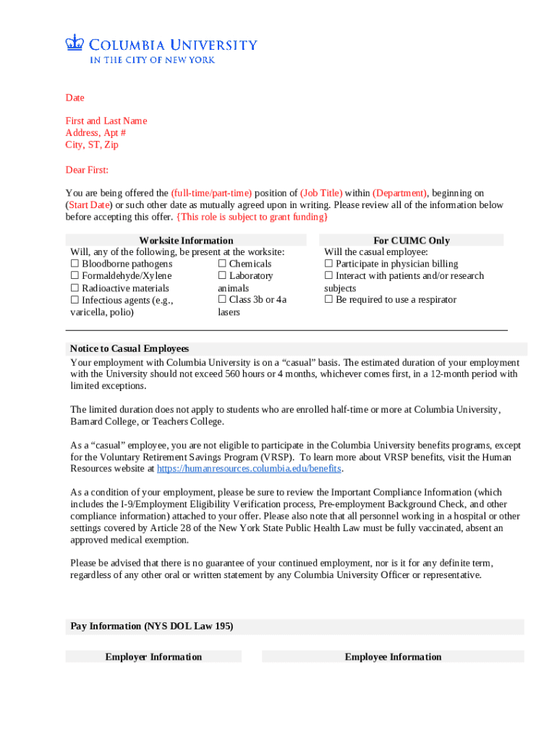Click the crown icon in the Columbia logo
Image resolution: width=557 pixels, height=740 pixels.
point(74,43)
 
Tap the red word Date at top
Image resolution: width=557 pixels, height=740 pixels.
point(75,98)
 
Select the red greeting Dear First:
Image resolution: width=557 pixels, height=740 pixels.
point(87,170)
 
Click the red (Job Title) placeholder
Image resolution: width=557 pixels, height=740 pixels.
point(321,193)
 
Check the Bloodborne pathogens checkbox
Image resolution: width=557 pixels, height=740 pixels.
point(75,264)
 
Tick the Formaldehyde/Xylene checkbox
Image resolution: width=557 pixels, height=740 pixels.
point(75,276)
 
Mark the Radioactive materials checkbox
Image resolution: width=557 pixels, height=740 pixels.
point(75,288)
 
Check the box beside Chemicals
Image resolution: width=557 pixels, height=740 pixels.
point(222,264)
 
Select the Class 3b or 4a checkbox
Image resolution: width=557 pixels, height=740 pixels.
point(222,300)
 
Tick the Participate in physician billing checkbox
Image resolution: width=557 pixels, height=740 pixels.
point(328,264)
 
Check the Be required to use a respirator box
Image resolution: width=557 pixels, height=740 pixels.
point(328,300)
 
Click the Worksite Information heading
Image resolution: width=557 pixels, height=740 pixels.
point(186,241)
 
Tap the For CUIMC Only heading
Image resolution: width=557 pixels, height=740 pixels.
point(411,241)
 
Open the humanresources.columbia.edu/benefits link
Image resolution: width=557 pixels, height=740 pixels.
point(249,468)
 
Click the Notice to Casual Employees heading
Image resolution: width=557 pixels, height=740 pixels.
point(129,348)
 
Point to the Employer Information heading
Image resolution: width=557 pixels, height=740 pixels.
point(153,657)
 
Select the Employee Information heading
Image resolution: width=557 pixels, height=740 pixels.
point(393,657)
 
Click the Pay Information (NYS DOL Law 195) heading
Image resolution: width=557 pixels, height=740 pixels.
point(151,627)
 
